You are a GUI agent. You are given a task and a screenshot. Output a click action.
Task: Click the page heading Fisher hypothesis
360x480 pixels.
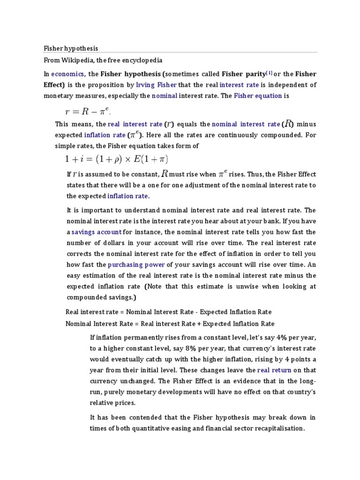tap(71, 48)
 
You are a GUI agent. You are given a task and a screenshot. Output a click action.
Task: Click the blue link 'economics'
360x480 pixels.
tap(68, 74)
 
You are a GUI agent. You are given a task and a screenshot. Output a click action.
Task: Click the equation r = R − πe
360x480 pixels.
tap(88, 112)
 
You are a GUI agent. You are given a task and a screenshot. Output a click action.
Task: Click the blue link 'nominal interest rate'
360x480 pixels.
tap(246, 124)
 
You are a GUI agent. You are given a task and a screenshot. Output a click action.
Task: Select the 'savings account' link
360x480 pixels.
tap(97, 232)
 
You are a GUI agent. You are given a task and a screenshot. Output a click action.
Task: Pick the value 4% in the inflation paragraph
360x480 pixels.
tap(281, 337)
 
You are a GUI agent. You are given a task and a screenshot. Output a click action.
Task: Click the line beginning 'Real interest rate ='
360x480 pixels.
tap(168, 312)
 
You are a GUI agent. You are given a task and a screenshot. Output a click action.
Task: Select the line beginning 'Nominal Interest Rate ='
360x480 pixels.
tap(170, 323)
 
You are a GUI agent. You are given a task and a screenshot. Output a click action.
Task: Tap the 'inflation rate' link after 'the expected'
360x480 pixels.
tap(127, 196)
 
